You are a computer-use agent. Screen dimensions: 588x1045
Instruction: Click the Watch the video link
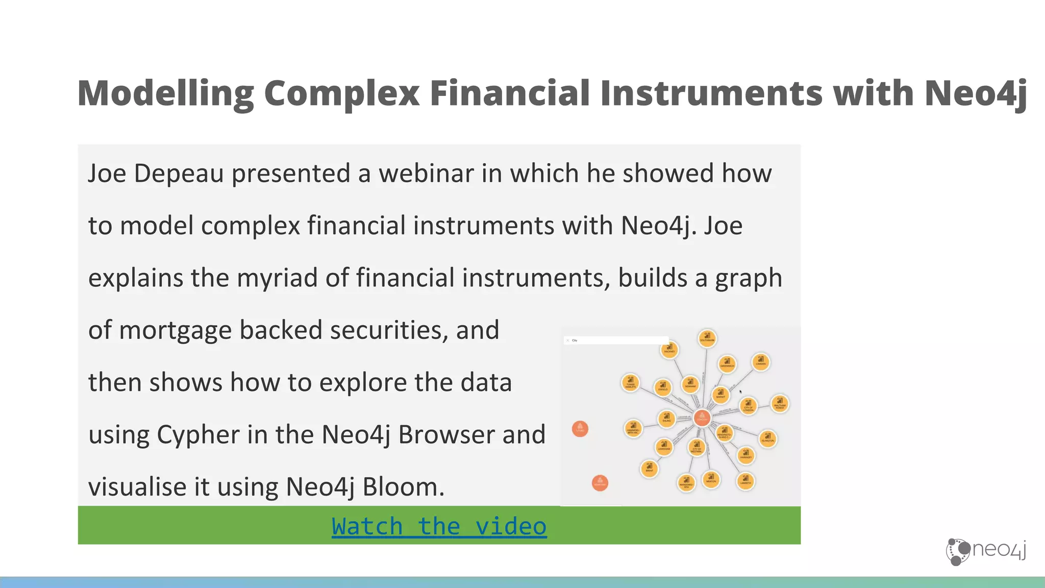click(439, 526)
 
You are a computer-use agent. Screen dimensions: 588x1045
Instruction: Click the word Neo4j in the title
click(975, 93)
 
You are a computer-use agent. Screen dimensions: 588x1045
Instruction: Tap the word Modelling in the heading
click(166, 93)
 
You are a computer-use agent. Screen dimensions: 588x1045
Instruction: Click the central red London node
click(702, 418)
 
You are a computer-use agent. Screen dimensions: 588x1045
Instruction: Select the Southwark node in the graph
click(707, 338)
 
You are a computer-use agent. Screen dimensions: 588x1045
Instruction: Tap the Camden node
click(760, 362)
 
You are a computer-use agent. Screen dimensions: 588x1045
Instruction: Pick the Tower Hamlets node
click(631, 382)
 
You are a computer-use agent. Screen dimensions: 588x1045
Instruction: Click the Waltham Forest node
click(780, 404)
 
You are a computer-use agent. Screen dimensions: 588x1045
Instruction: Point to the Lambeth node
click(745, 481)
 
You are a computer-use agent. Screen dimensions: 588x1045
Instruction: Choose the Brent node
click(649, 468)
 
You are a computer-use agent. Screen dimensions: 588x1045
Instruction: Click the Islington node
click(768, 438)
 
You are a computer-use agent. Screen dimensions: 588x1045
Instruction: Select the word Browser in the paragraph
click(446, 435)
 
